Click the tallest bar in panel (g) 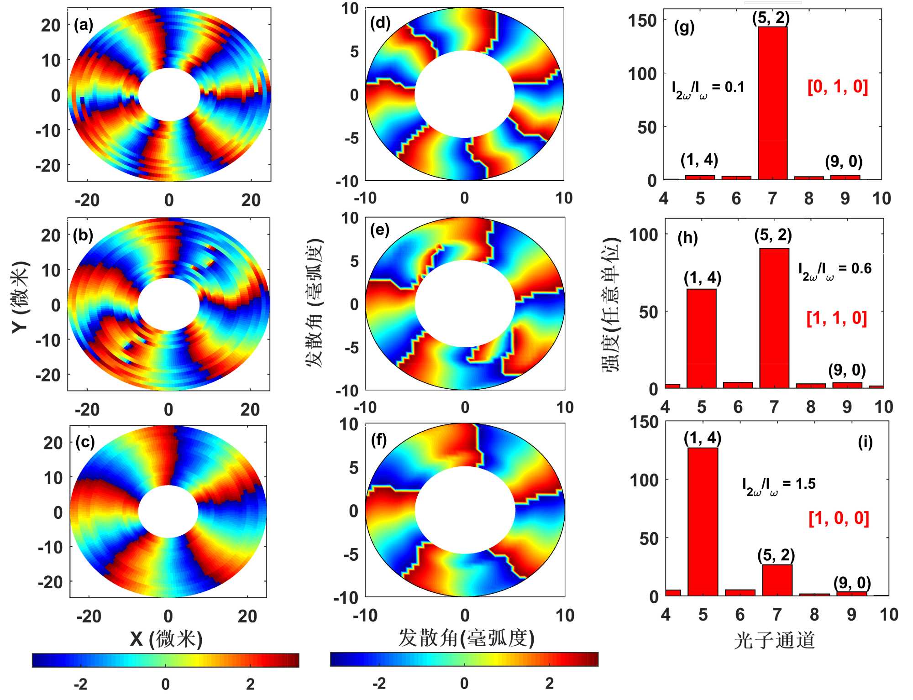tap(772, 103)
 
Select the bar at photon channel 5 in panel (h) tap(701, 338)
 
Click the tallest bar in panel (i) tap(703, 521)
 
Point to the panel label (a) tap(84, 25)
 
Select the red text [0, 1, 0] tap(838, 86)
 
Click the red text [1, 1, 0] tap(837, 318)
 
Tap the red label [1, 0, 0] tap(839, 518)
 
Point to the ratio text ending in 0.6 tap(834, 270)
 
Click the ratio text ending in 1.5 tap(778, 485)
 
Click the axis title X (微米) tap(166, 638)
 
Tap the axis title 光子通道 tap(774, 640)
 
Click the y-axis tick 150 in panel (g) tap(642, 21)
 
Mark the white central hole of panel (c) tap(168, 512)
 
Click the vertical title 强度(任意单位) tap(611, 305)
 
